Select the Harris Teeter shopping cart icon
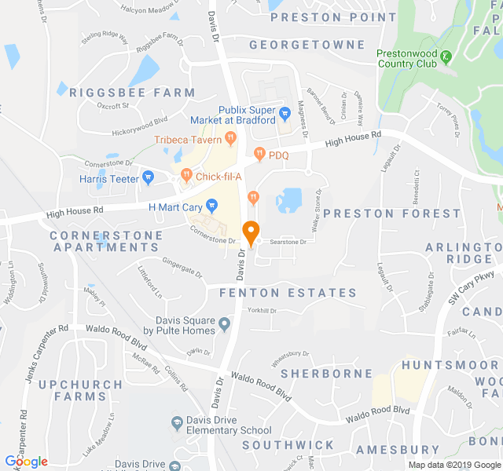(147, 179)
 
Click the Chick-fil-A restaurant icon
(186, 175)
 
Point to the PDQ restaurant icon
(259, 155)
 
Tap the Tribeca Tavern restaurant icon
(230, 139)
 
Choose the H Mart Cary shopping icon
(211, 206)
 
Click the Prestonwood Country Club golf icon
(446, 56)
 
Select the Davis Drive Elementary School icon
(178, 424)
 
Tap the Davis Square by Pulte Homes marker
(226, 323)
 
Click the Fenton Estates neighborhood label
(288, 293)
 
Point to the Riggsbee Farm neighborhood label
(131, 93)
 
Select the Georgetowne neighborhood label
(307, 45)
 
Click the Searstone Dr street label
(288, 243)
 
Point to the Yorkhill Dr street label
(263, 311)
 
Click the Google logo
(26, 462)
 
